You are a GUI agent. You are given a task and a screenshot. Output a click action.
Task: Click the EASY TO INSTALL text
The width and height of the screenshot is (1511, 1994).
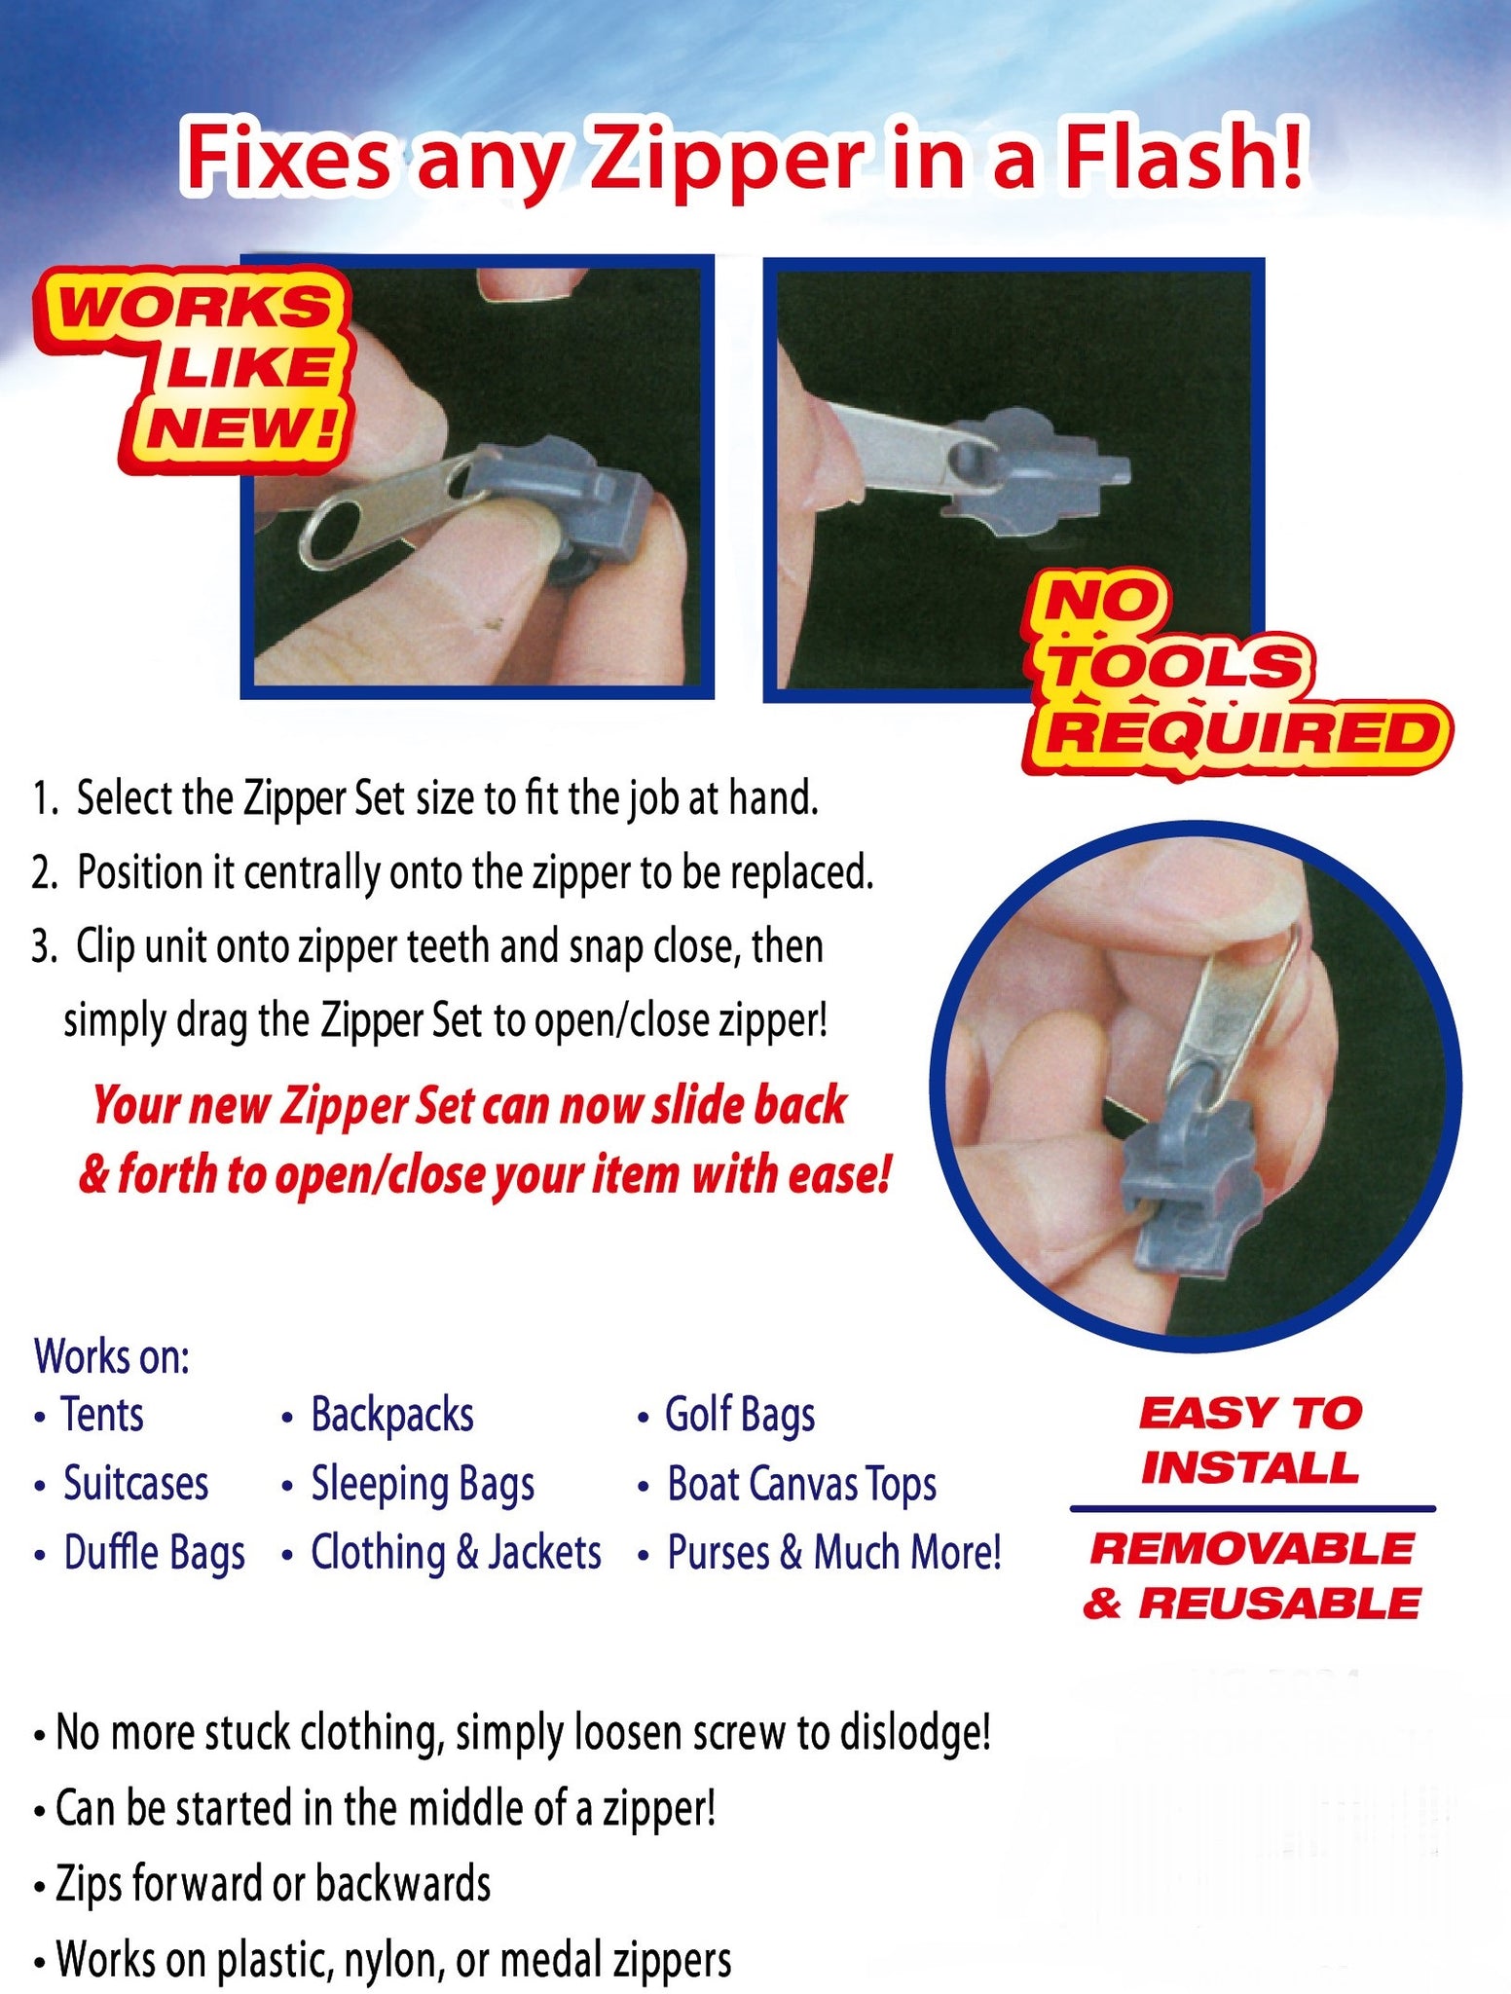click(1250, 1440)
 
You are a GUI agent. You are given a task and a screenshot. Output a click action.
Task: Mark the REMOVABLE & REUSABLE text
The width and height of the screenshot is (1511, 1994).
click(1251, 1575)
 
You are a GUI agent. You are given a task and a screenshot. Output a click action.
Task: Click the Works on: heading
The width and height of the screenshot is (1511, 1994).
click(112, 1356)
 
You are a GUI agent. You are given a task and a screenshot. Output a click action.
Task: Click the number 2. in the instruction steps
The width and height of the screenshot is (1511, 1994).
click(46, 872)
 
